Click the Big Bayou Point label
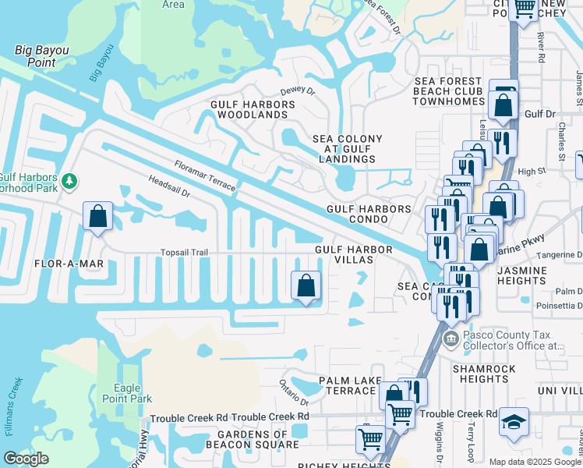(42, 56)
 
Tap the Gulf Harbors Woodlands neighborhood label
(249, 109)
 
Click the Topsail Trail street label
(185, 253)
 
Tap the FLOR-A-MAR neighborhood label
(69, 264)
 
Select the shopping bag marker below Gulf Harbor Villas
(306, 285)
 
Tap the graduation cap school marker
(514, 422)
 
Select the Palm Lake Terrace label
(350, 385)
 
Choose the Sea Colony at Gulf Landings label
(348, 149)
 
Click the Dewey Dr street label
(297, 90)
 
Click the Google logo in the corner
(26, 459)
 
